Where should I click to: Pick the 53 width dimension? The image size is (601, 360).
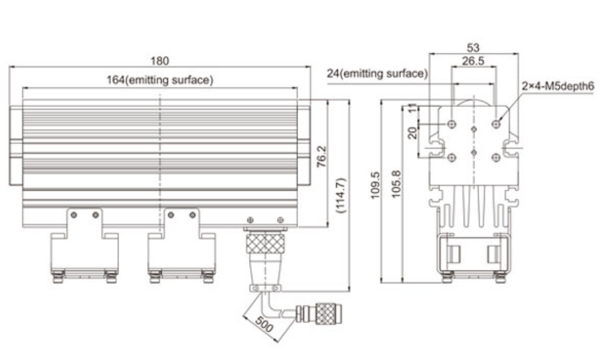click(473, 47)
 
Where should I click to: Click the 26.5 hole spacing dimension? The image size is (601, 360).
click(473, 60)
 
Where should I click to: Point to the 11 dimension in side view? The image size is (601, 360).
click(412, 108)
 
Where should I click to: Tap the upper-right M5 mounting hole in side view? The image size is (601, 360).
click(496, 123)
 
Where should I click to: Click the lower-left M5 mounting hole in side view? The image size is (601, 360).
click(451, 157)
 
